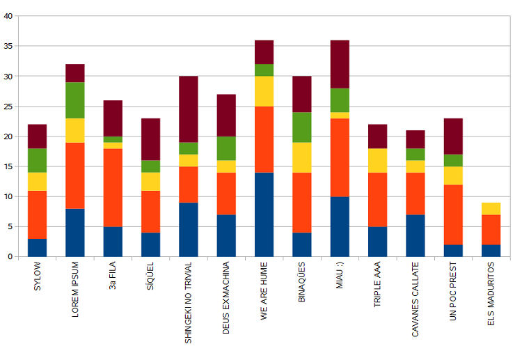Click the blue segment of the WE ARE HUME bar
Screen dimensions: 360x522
(x=264, y=214)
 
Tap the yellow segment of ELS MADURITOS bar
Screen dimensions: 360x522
(x=491, y=208)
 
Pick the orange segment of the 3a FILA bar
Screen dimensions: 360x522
(x=113, y=187)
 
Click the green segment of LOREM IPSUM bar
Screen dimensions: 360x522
(x=75, y=100)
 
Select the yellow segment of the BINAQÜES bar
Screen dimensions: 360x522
(x=301, y=157)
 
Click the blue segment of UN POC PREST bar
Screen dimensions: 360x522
(x=453, y=251)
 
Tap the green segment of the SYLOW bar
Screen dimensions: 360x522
(x=37, y=160)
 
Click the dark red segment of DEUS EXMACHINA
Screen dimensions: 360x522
(x=226, y=115)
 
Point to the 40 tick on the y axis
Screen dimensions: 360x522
(x=8, y=16)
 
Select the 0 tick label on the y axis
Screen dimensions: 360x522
(x=10, y=257)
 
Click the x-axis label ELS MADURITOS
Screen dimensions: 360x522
(x=491, y=299)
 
